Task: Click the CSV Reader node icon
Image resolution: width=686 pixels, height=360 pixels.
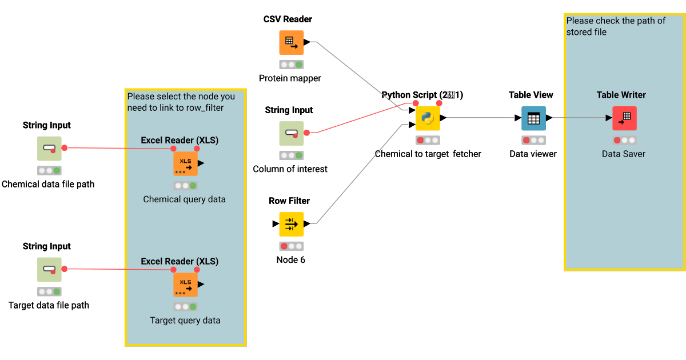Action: pyautogui.click(x=291, y=42)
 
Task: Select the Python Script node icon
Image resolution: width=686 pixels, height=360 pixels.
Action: pyautogui.click(x=427, y=118)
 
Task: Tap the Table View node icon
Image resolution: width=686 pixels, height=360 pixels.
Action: pyautogui.click(x=533, y=118)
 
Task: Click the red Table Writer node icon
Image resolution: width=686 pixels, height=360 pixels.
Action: pyautogui.click(x=624, y=118)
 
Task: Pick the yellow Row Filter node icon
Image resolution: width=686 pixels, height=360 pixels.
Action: pyautogui.click(x=291, y=224)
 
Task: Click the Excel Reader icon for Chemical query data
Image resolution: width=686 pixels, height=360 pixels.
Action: pyautogui.click(x=185, y=163)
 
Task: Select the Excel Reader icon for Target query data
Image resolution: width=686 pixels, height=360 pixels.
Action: pyautogui.click(x=185, y=285)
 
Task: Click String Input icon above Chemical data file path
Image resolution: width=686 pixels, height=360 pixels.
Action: pyautogui.click(x=49, y=149)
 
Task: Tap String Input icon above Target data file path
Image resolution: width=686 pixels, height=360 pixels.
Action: pyautogui.click(x=49, y=270)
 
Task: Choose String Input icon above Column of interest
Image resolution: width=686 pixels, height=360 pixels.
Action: pyautogui.click(x=291, y=133)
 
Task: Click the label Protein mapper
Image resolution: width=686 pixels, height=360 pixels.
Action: pyautogui.click(x=290, y=78)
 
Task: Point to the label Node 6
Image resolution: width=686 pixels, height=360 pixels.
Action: pyautogui.click(x=290, y=260)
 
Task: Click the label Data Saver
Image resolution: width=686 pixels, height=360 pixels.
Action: pyautogui.click(x=624, y=154)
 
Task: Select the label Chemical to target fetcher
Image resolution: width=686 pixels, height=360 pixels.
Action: pyautogui.click(x=428, y=154)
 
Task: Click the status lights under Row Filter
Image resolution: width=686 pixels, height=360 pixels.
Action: pyautogui.click(x=291, y=246)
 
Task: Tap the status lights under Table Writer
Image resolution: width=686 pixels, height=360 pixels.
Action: pyautogui.click(x=624, y=140)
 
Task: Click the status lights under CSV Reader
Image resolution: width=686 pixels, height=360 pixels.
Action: pyautogui.click(x=291, y=65)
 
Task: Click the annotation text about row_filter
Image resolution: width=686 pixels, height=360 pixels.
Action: pyautogui.click(x=181, y=102)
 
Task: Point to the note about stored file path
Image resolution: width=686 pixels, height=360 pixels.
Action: pyautogui.click(x=616, y=26)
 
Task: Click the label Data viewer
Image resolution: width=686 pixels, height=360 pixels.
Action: pyautogui.click(x=533, y=154)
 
